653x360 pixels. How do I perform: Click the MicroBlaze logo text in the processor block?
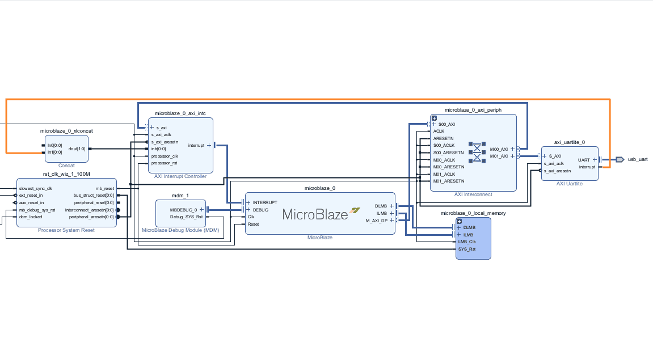click(315, 214)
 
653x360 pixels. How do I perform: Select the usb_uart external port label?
click(637, 159)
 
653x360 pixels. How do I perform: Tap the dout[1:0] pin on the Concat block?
click(77, 149)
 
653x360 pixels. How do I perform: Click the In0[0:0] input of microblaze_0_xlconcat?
click(55, 146)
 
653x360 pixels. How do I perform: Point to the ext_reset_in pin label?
click(31, 195)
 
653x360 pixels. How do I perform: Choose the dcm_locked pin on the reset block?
click(31, 217)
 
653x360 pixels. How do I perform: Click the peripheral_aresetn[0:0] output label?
click(91, 217)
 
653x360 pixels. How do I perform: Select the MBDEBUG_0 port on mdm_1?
click(184, 210)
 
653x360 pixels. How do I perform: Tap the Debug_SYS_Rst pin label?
click(185, 217)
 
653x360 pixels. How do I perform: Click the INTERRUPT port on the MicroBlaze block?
click(265, 202)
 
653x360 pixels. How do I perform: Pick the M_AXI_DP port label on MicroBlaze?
click(376, 221)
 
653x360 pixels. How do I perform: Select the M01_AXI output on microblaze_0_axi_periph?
click(499, 156)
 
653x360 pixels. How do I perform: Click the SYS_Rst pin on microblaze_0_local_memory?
click(467, 249)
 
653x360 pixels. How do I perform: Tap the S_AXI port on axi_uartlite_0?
click(555, 156)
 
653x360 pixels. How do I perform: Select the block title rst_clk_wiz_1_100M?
click(66, 173)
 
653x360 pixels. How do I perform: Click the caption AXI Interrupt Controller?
click(180, 176)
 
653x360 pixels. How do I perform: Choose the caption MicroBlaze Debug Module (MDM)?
click(180, 230)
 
